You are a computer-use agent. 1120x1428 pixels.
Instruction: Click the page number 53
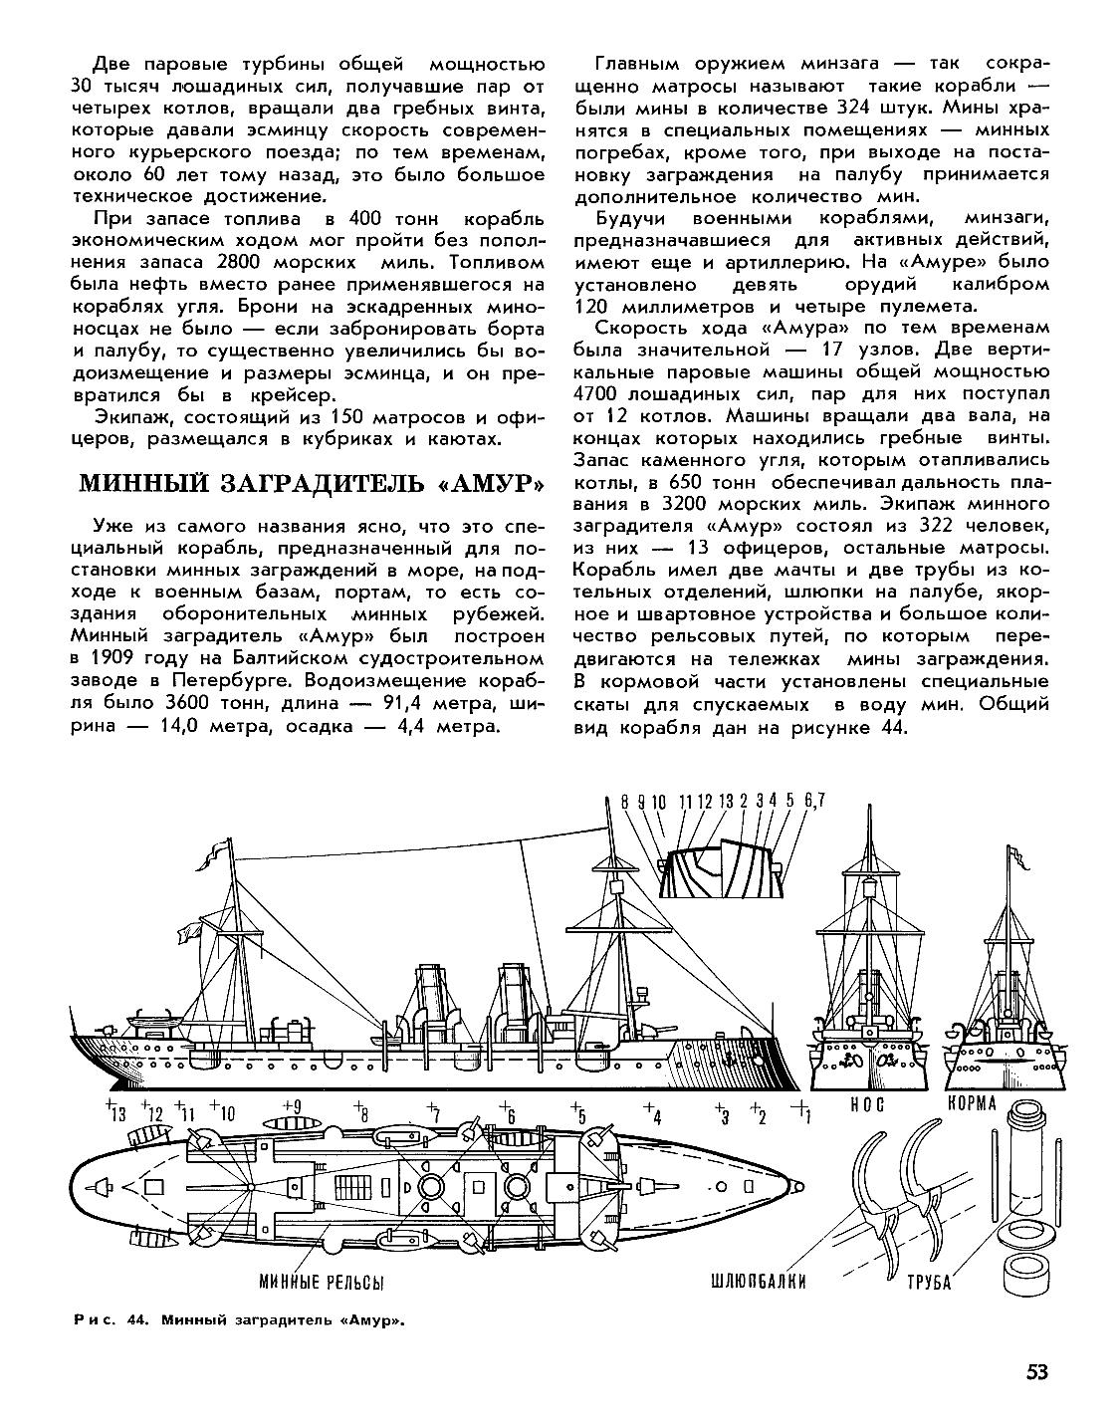[x=1036, y=1371]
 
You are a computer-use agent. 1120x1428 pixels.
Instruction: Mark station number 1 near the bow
[x=804, y=1113]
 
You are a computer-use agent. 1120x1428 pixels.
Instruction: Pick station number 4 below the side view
[x=652, y=1113]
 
